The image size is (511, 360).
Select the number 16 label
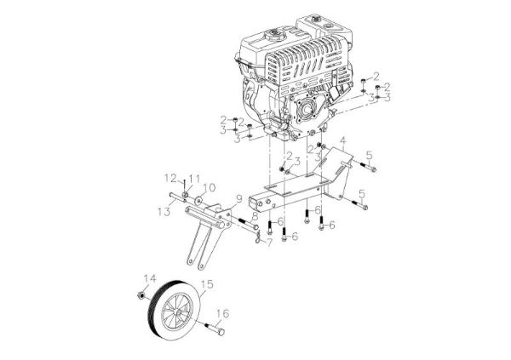pos(225,313)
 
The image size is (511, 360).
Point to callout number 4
pos(342,140)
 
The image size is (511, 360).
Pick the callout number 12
pos(169,178)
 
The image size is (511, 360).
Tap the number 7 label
pos(269,243)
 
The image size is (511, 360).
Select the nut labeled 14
pos(139,294)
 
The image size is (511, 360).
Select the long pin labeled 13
pos(183,201)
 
